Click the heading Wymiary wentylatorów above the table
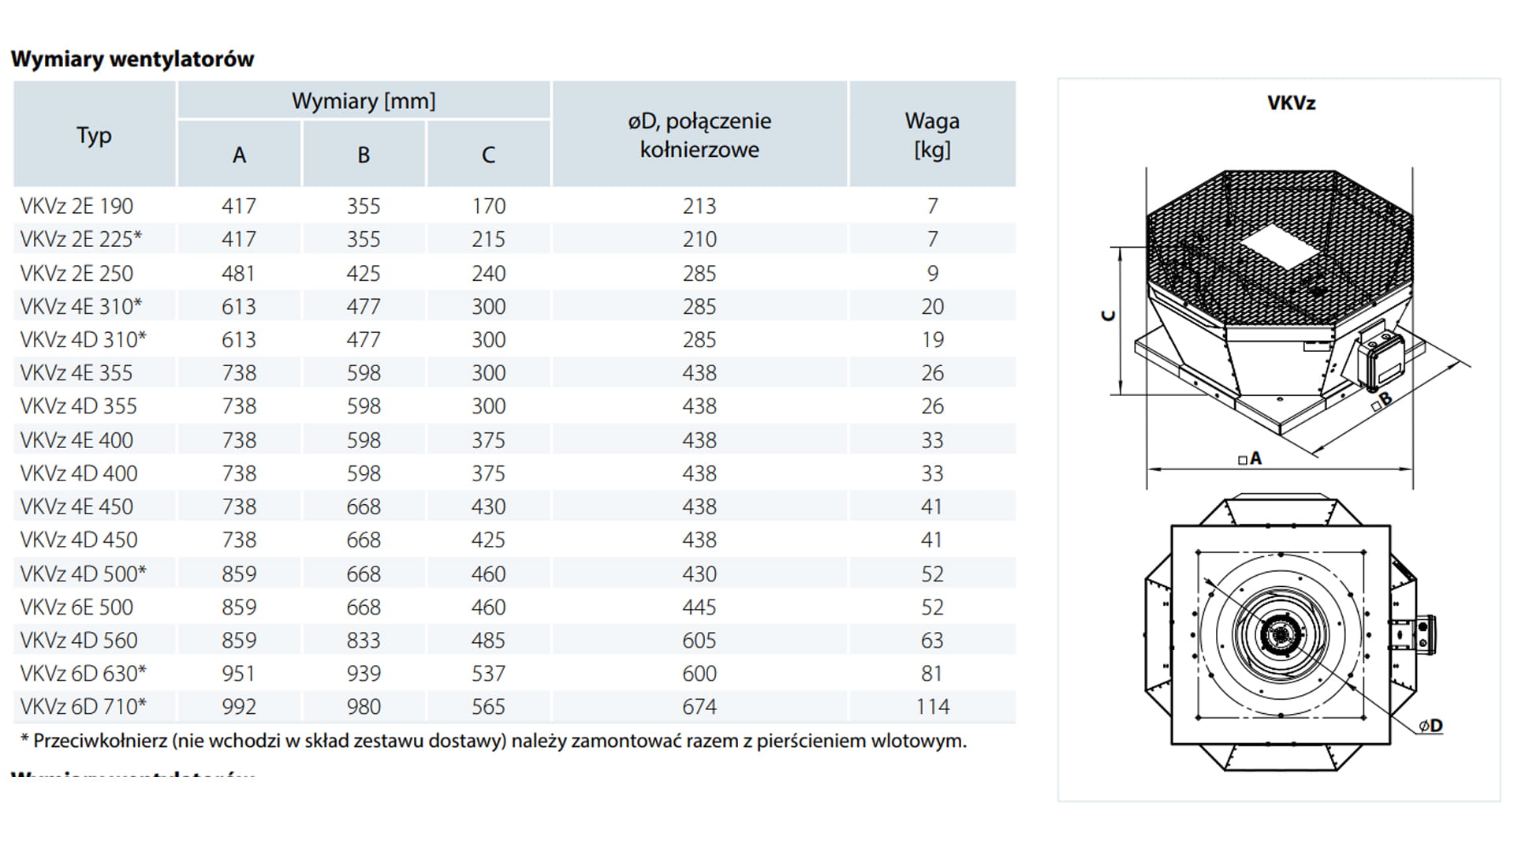(x=132, y=59)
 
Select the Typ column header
(x=94, y=135)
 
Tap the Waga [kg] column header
(x=932, y=135)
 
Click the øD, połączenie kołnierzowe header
(x=699, y=135)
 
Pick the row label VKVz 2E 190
(x=76, y=206)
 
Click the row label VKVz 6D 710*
(x=83, y=706)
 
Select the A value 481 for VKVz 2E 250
(x=238, y=273)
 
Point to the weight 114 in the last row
(x=932, y=706)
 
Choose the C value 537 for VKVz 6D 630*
(x=488, y=673)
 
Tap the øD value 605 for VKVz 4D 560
(x=699, y=640)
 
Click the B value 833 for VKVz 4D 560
(x=364, y=640)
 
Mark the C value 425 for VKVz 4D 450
(x=488, y=540)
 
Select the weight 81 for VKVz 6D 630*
(x=932, y=673)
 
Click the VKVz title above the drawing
(x=1291, y=103)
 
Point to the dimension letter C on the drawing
(x=1108, y=316)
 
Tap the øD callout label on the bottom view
(x=1430, y=726)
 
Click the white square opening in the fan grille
(x=1279, y=246)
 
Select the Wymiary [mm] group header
(x=364, y=101)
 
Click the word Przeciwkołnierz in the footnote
(x=100, y=741)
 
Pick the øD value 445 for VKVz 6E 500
(x=699, y=607)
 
